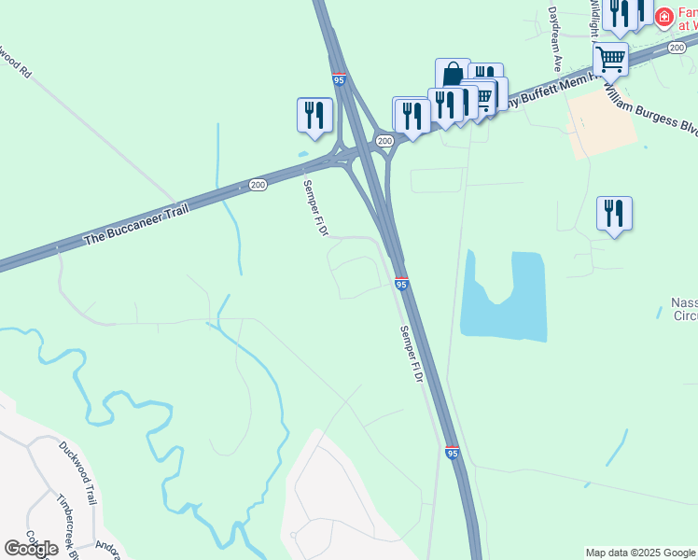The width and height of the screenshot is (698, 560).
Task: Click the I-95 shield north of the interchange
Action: coord(339,81)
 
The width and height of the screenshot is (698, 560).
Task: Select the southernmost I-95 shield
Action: coord(452,453)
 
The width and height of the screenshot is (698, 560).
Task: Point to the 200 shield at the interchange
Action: coord(384,140)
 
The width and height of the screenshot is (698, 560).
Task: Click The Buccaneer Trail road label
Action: coord(136,224)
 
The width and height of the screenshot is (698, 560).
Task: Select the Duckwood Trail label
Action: coord(77,472)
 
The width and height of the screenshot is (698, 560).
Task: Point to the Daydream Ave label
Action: coord(555,40)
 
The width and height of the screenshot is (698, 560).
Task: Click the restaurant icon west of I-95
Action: coord(314,115)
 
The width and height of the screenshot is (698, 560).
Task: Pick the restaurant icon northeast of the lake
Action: coord(614,213)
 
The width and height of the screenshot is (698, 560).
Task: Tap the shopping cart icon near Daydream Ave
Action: coord(610,59)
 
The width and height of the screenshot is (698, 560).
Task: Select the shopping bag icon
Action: coord(453,75)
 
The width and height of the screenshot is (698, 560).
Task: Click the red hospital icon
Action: coord(663,17)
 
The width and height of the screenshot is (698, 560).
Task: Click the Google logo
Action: coord(32,549)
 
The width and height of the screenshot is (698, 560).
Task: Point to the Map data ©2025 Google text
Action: coord(640,553)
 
